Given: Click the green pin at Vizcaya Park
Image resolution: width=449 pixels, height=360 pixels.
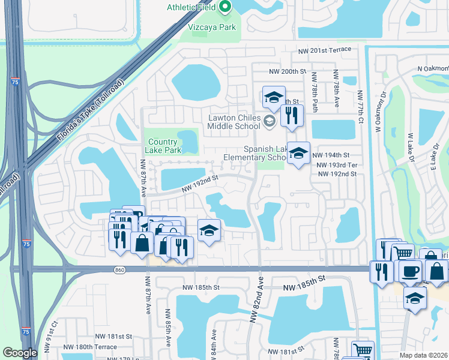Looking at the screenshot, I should coord(226,7).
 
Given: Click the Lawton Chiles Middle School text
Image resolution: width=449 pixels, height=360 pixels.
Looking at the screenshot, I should coord(234,122).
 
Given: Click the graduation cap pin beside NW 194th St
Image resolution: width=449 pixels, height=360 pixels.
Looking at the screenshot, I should coord(298,154).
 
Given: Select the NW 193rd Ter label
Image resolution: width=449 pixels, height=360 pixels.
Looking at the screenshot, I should coord(337,164).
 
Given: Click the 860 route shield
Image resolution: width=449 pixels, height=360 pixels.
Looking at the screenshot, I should coord(119,270).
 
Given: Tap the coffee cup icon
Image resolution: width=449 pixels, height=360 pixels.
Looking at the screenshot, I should coord(410,271).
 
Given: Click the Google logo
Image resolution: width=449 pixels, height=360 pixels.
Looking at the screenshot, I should coord(20,353).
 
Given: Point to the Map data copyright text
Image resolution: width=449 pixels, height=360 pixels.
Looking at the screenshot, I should coord(423,355).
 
